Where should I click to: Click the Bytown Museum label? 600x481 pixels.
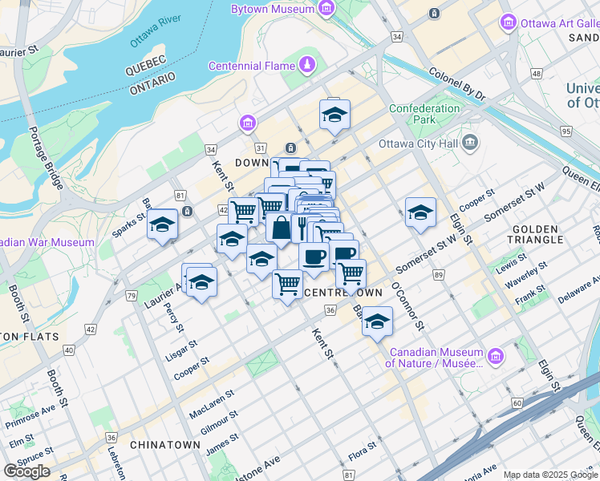click(x=271, y=10)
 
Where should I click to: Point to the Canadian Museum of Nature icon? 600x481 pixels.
click(x=497, y=356)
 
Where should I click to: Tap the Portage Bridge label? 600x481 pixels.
click(x=47, y=157)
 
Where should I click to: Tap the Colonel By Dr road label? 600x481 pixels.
click(x=457, y=83)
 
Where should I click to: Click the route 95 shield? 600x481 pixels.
click(x=567, y=131)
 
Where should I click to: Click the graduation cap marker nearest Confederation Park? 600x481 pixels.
click(x=334, y=115)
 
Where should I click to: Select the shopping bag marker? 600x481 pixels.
click(x=281, y=228)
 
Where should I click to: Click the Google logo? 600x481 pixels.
click(x=26, y=471)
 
